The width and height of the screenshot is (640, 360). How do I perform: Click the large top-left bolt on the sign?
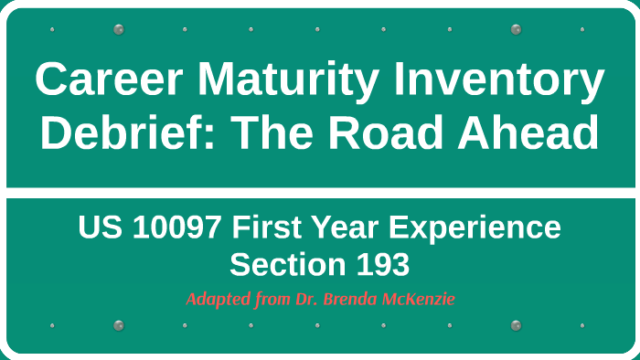pos(118,29)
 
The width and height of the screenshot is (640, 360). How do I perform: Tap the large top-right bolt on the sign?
pos(516,29)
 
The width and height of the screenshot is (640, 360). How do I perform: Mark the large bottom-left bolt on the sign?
pos(118,325)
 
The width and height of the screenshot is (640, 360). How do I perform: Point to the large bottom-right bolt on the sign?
pos(516,325)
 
